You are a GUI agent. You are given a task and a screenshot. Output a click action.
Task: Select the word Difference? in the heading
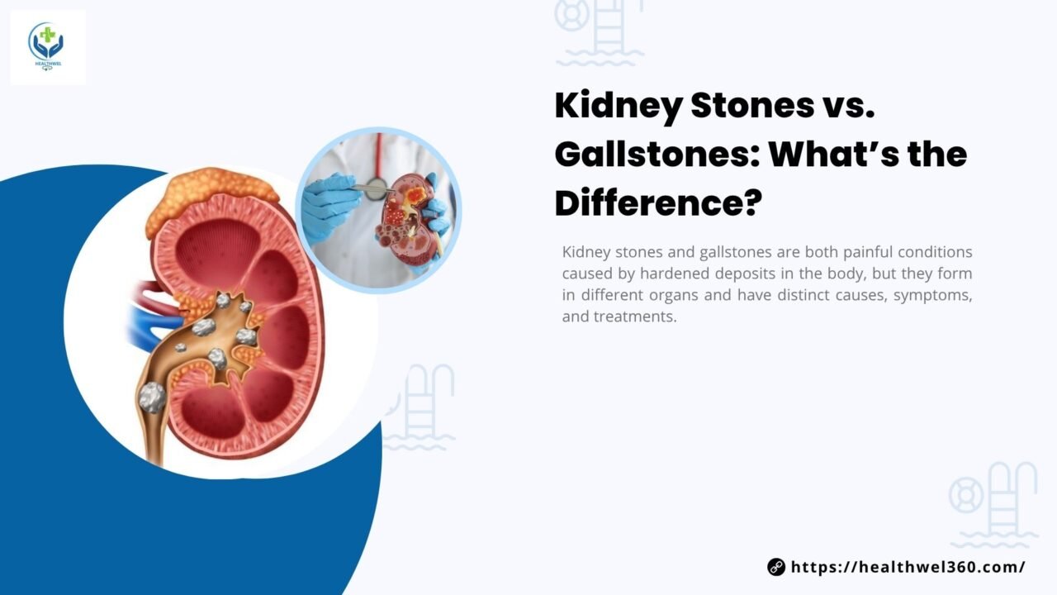click(659, 203)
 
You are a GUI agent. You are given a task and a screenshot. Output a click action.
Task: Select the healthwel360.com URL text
click(908, 567)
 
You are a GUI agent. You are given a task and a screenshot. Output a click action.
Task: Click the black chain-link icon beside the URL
click(776, 567)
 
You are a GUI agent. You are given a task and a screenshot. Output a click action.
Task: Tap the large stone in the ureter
click(153, 397)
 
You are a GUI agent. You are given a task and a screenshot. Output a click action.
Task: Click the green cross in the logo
click(47, 35)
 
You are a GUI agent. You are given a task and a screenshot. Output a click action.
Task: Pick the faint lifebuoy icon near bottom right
click(966, 495)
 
